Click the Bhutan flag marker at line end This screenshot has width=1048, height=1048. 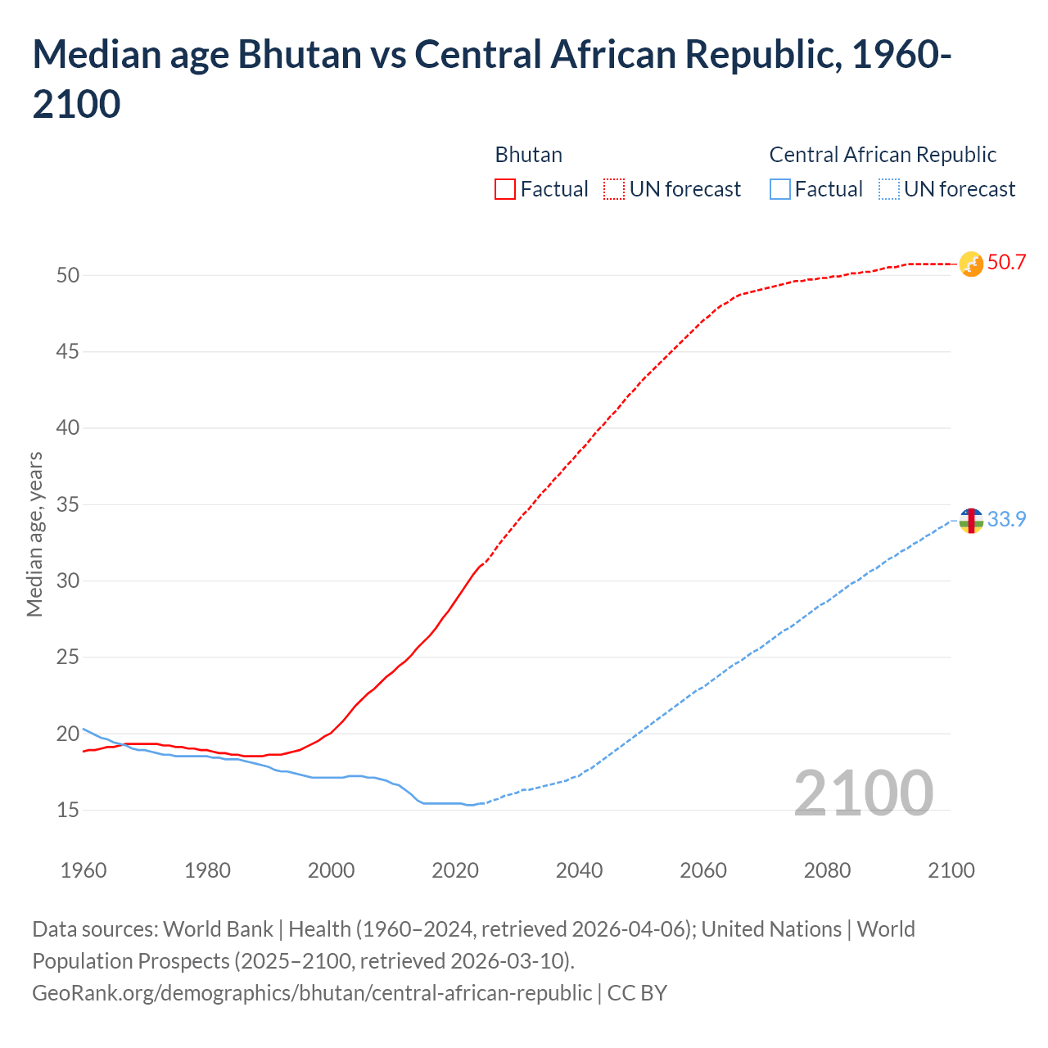(x=971, y=264)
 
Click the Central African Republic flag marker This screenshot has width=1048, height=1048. (x=971, y=520)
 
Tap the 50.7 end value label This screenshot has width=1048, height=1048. (x=1006, y=263)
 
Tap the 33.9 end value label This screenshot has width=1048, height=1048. (x=1006, y=520)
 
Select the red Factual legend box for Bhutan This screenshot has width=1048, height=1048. (x=505, y=189)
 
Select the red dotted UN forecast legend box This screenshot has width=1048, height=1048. (x=614, y=189)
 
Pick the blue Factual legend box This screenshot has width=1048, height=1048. (x=780, y=189)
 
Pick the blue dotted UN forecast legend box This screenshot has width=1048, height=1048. (x=888, y=189)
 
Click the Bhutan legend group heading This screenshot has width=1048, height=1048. (x=528, y=155)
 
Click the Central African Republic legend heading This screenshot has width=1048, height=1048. (x=883, y=155)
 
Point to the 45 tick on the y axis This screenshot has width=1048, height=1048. (x=68, y=352)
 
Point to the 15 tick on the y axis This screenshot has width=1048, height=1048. (x=68, y=811)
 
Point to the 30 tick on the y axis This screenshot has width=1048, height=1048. (x=68, y=581)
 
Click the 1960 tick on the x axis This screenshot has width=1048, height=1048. (x=84, y=870)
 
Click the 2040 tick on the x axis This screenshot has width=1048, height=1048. (x=579, y=870)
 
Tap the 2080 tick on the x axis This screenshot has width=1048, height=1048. (x=827, y=870)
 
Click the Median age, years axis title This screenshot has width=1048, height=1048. (x=34, y=534)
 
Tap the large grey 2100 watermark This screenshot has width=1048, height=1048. (x=863, y=793)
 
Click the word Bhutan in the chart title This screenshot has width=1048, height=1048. (x=300, y=55)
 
